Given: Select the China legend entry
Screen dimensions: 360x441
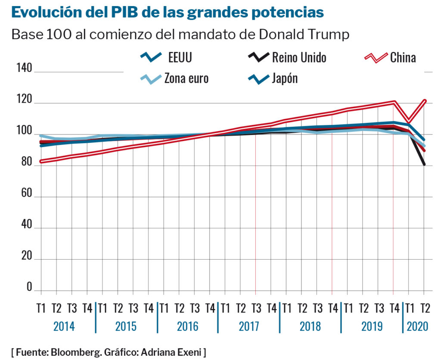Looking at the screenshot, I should click(403, 57).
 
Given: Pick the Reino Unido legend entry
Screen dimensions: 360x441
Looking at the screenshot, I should click(299, 57).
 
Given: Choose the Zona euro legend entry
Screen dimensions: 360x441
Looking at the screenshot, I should click(186, 78).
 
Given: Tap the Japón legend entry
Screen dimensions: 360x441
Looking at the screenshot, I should click(285, 78).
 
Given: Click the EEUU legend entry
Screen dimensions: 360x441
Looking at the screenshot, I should click(180, 57).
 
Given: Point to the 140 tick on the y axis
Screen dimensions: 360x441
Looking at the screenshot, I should click(25, 68).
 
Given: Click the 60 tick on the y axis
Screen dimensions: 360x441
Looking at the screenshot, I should click(27, 193).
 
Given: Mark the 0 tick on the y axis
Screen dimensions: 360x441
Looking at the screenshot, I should click(29, 287).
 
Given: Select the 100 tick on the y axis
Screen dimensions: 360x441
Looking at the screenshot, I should click(25, 131).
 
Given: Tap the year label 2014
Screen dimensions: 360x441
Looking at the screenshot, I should click(64, 326).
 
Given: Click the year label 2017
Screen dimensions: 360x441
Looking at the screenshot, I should click(248, 326).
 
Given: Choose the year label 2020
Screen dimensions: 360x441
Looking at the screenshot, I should click(417, 326).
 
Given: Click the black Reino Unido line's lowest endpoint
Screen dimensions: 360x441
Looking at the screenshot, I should click(424, 164).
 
